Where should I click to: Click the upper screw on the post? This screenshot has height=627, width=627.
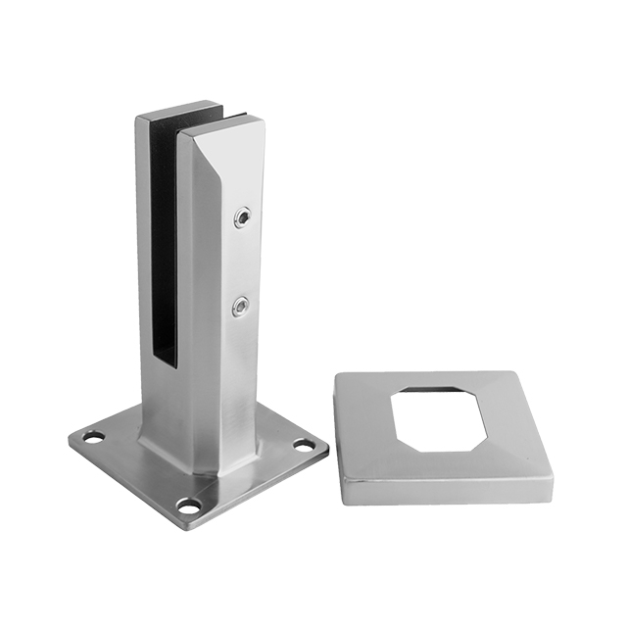[x=240, y=217]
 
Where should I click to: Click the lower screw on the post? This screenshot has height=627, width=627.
[x=239, y=308]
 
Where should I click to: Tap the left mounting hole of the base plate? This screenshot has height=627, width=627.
[x=93, y=437]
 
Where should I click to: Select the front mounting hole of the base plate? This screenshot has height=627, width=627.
[x=188, y=506]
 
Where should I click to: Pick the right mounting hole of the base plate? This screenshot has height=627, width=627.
[x=305, y=445]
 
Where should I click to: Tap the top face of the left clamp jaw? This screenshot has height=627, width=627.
[x=174, y=109]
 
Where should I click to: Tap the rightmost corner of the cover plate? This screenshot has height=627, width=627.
[x=552, y=468]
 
